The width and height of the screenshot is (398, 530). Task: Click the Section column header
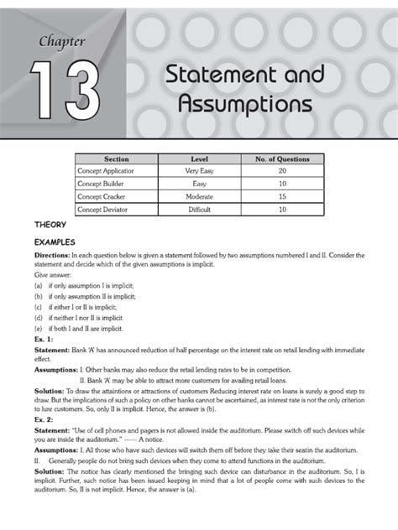pyautogui.click(x=116, y=158)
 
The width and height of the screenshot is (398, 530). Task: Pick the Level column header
pyautogui.click(x=199, y=158)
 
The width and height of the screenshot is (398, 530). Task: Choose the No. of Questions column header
pyautogui.click(x=281, y=158)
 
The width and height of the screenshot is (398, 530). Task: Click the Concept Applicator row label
pyautogui.click(x=106, y=170)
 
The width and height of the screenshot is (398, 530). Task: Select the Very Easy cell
pyautogui.click(x=199, y=170)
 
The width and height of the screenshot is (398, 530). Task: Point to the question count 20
pyautogui.click(x=281, y=170)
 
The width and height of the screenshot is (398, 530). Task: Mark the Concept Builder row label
pyautogui.click(x=100, y=183)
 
